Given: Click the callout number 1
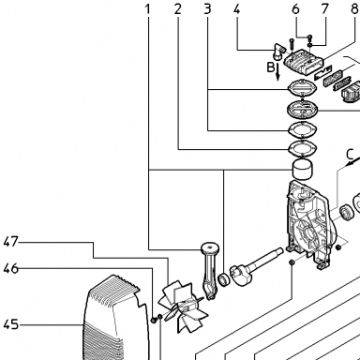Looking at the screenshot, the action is pyautogui.click(x=148, y=9).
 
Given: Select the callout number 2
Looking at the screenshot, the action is pyautogui.click(x=177, y=9).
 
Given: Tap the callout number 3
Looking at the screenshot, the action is pyautogui.click(x=207, y=9).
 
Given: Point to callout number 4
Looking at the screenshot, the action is pyautogui.click(x=237, y=9).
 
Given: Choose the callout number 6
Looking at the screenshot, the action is pyautogui.click(x=295, y=9).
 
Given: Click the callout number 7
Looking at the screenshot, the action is pyautogui.click(x=325, y=9).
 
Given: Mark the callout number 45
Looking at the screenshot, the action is pyautogui.click(x=11, y=324).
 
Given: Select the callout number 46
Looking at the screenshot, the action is pyautogui.click(x=11, y=268).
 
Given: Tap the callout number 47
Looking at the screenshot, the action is pyautogui.click(x=11, y=242).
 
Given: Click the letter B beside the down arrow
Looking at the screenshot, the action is pyautogui.click(x=271, y=67).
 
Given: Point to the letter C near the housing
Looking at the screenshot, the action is pyautogui.click(x=350, y=155).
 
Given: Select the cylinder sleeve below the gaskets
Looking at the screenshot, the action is pyautogui.click(x=303, y=170).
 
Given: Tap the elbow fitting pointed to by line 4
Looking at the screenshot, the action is pyautogui.click(x=279, y=52).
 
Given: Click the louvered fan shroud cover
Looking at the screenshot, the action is pyautogui.click(x=115, y=317).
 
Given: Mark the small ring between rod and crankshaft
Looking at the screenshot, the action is pyautogui.click(x=224, y=279).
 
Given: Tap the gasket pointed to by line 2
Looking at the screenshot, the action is pyautogui.click(x=303, y=147).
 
